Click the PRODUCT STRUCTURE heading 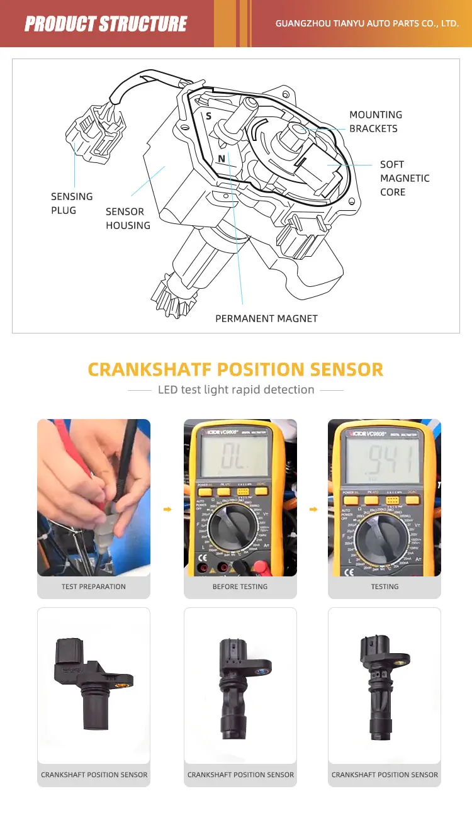click(105, 24)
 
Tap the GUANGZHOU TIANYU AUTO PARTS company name click(367, 24)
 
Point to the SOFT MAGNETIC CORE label click(404, 178)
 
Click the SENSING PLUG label click(72, 203)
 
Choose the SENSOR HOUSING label click(128, 218)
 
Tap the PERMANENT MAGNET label click(266, 318)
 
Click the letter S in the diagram click(208, 116)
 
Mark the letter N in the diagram click(221, 159)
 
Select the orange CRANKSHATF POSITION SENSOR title click(235, 369)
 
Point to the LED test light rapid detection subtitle click(236, 389)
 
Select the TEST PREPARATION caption click(94, 586)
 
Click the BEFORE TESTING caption click(240, 586)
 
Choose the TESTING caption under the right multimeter click(385, 586)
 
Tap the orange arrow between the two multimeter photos click(313, 509)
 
